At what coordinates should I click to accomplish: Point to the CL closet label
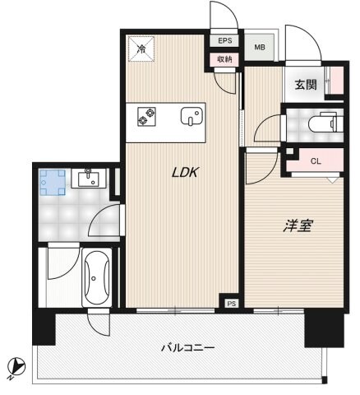click(x=316, y=162)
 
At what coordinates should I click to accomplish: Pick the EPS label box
click(x=224, y=40)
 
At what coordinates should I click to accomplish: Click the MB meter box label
click(x=259, y=48)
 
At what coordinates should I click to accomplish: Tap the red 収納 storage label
click(x=224, y=59)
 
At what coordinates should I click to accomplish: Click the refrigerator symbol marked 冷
click(x=141, y=49)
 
